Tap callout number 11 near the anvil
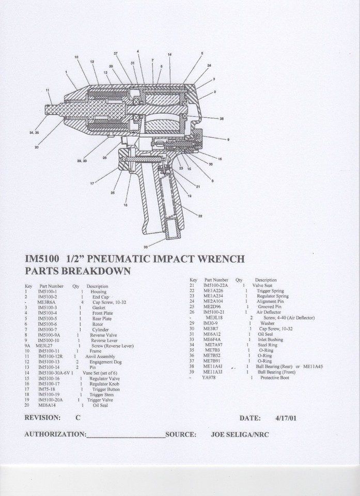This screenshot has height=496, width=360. (48, 90)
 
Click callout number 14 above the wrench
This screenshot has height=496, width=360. (169, 55)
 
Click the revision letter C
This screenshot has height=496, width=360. (77, 417)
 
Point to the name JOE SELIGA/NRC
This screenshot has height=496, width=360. (240, 434)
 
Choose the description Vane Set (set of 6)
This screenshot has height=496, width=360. (101, 373)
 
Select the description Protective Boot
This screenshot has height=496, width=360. (273, 378)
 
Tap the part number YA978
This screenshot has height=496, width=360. (209, 378)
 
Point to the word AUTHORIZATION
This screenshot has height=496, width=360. (55, 434)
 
